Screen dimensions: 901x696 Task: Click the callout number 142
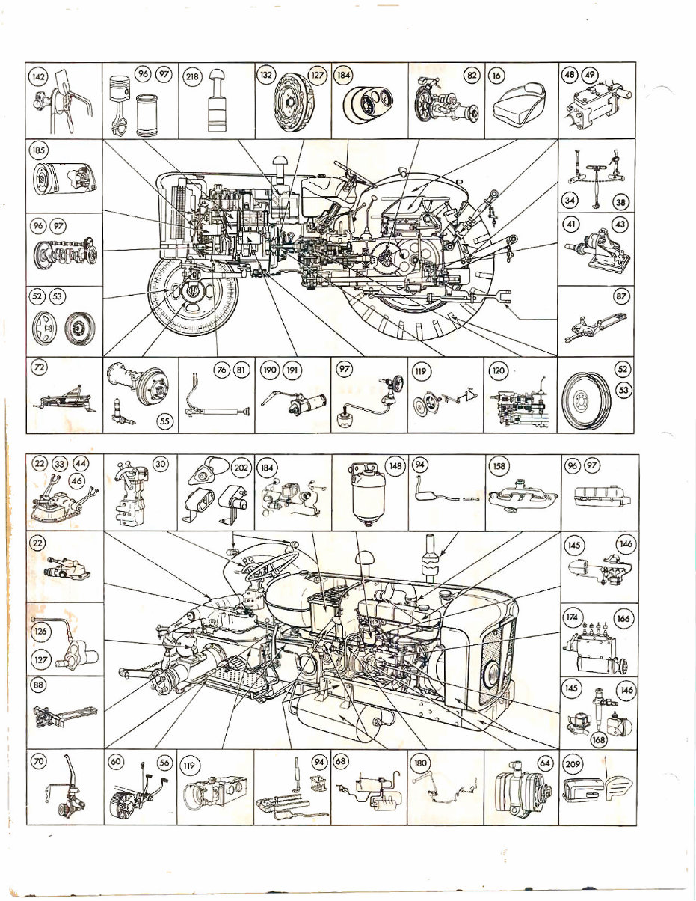coord(39,77)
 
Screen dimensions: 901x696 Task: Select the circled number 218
coord(191,77)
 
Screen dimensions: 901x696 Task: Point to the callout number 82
coord(472,76)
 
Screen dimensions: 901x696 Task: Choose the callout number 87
coord(620,296)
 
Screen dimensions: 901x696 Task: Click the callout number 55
coord(164,421)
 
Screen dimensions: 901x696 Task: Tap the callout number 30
coord(161,465)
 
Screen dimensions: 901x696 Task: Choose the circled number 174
coord(572,617)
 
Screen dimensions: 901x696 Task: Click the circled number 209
coord(573,765)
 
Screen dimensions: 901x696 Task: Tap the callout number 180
coord(421,764)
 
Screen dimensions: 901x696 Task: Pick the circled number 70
coord(39,762)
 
